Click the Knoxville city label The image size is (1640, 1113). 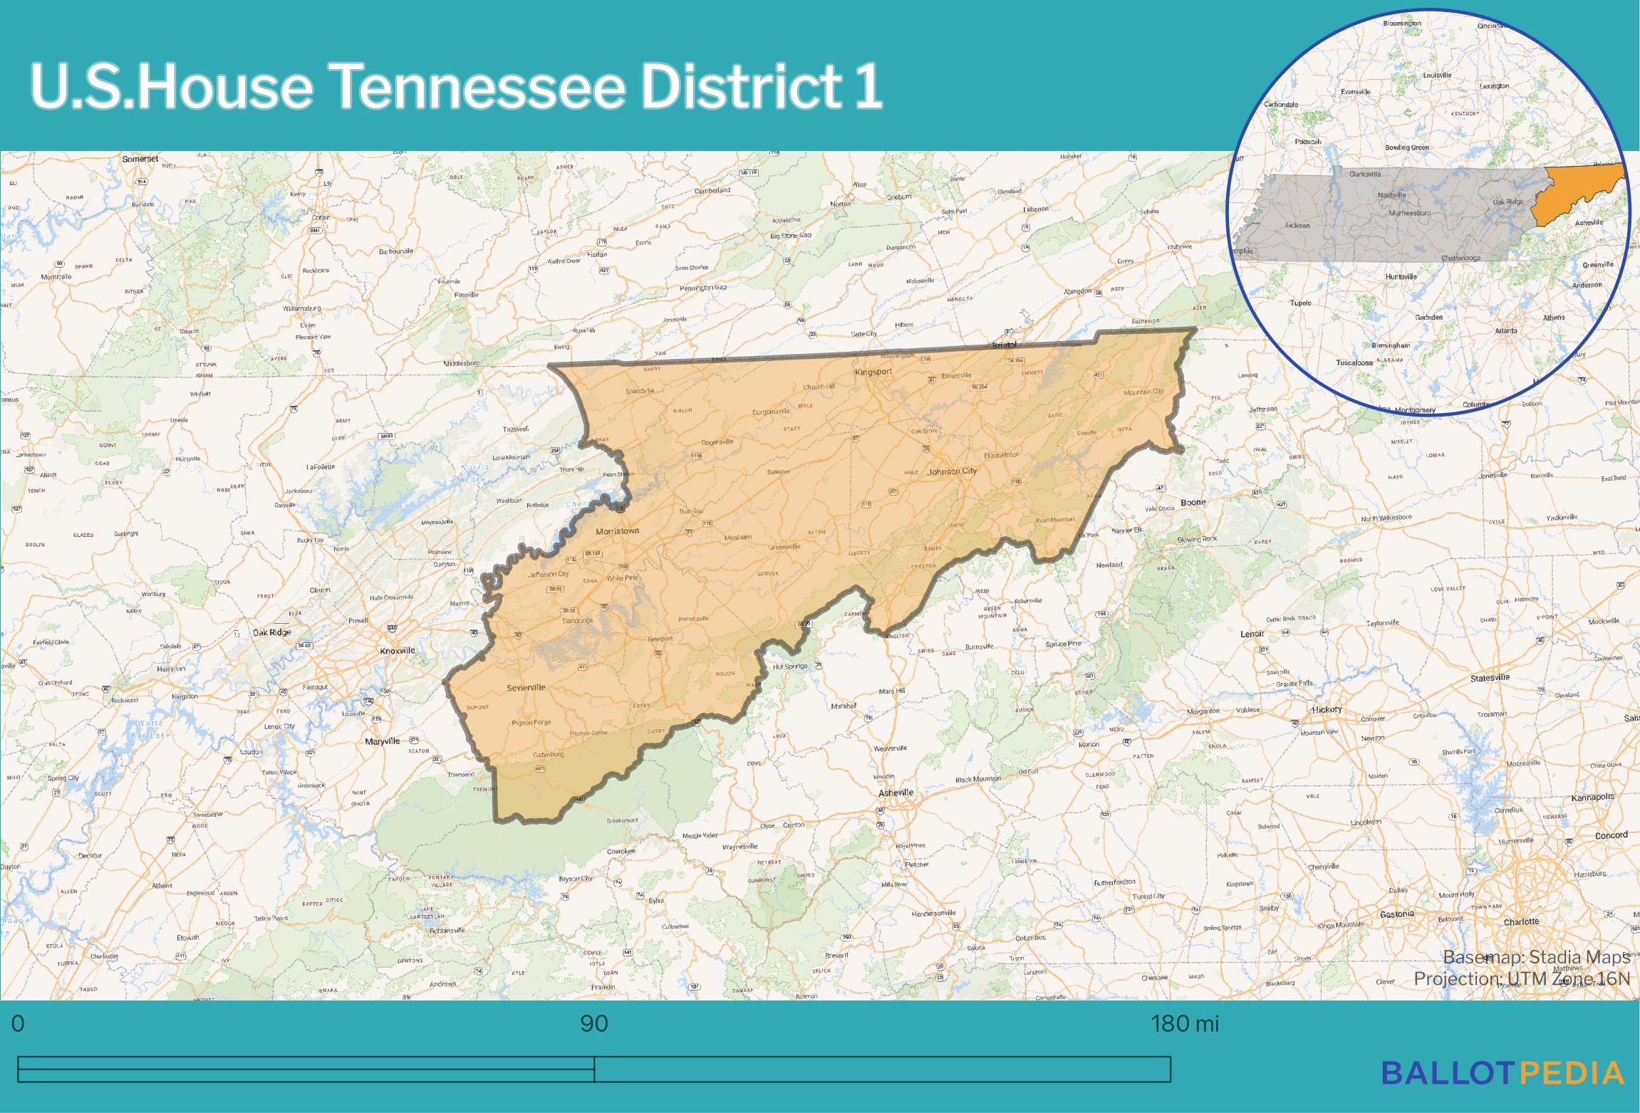coord(397,650)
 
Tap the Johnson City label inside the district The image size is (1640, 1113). coord(953,471)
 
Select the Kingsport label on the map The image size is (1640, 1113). coord(873,372)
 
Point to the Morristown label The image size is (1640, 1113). coord(617,531)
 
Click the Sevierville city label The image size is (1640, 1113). coord(526,687)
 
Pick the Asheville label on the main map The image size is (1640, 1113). coord(896,793)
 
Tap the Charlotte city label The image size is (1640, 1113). coord(1521,921)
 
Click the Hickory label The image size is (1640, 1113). coord(1327,709)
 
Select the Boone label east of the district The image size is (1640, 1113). coord(1193,502)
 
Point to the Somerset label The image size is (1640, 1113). coord(140,159)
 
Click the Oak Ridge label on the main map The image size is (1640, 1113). coord(272,632)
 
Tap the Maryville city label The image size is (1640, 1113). coord(382,741)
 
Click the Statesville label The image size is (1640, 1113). coord(1490,677)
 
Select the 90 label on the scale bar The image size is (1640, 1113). coord(593,1023)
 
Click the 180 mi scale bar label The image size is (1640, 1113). coord(1184,1023)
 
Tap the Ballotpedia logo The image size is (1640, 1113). coord(1503,1073)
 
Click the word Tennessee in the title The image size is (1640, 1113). coord(477,86)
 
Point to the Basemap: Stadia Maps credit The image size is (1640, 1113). coord(1536,956)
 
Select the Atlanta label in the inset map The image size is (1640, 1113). coord(1505,330)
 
